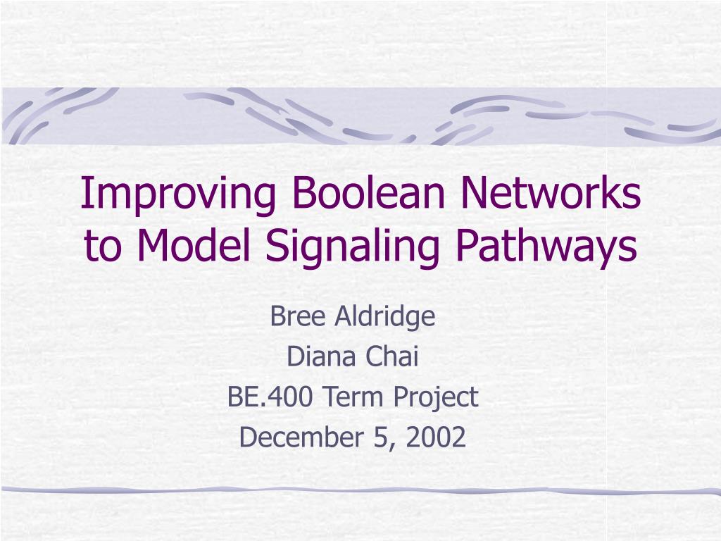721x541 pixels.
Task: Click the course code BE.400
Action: tap(272, 397)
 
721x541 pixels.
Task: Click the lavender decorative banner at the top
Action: tap(360, 116)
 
